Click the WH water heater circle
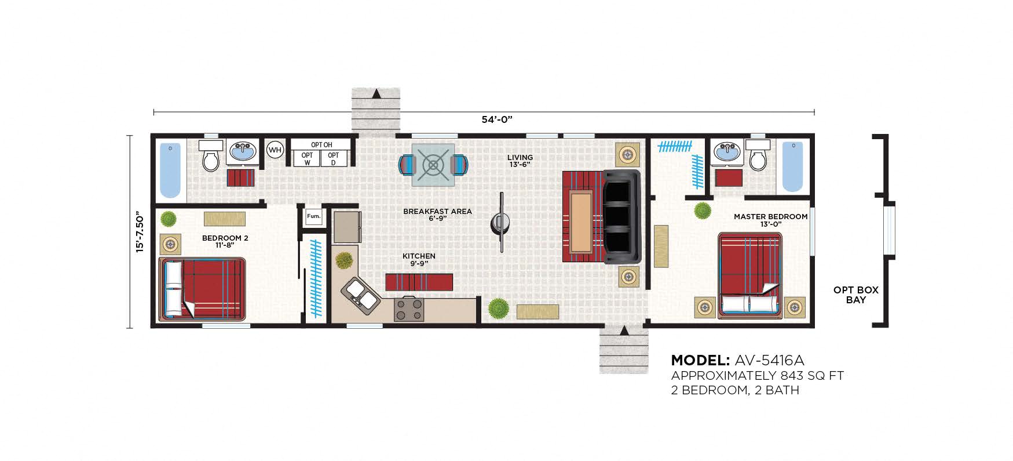tap(275, 150)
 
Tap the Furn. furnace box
tap(313, 217)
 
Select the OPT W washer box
tap(307, 158)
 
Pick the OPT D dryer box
tap(333, 158)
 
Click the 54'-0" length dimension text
tap(497, 120)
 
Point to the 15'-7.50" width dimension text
tap(139, 231)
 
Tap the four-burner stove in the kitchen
tap(409, 308)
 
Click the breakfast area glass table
tap(433, 165)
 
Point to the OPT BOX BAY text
tap(855, 295)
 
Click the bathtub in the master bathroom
tap(793, 166)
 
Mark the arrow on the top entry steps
tap(376, 93)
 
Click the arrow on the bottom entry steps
tap(624, 331)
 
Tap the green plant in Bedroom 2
tap(169, 219)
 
